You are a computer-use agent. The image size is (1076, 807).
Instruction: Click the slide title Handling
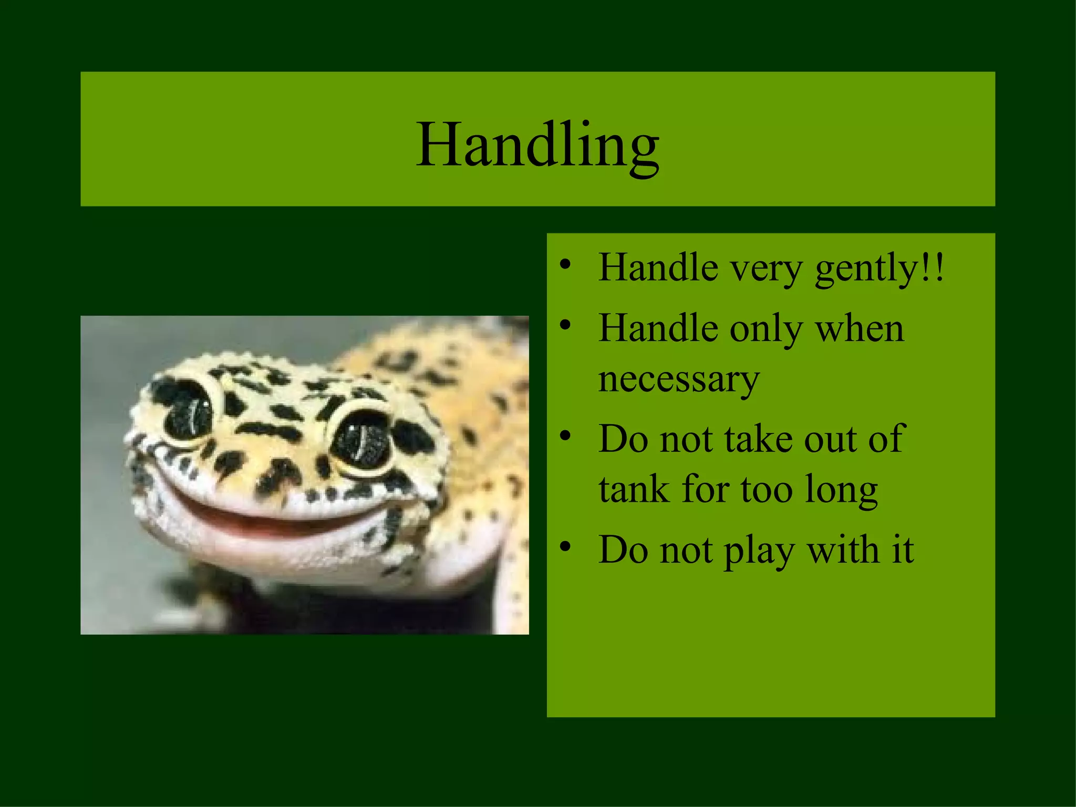tap(537, 144)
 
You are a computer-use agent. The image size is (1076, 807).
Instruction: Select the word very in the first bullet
tap(767, 269)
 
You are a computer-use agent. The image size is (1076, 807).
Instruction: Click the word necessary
tap(679, 379)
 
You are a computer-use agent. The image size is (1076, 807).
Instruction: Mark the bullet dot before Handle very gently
tap(565, 263)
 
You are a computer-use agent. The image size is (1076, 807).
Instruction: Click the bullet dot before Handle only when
tap(565, 324)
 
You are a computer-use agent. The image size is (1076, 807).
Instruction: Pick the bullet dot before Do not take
tap(565, 435)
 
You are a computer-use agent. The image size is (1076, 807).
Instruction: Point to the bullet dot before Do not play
tap(565, 546)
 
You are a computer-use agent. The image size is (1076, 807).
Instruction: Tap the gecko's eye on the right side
tap(363, 439)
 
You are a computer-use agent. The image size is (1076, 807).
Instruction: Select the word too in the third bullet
tap(767, 490)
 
